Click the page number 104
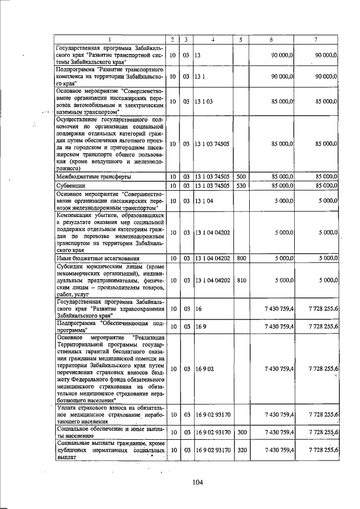pos(197,481)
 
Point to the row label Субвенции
pos(71,185)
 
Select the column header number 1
pos(110,39)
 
